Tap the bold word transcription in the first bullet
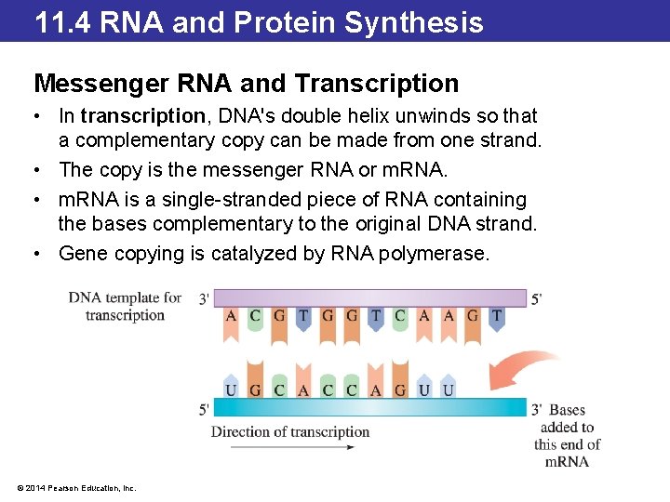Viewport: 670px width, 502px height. pyautogui.click(x=142, y=116)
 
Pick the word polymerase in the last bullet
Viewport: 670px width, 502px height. pyautogui.click(x=434, y=253)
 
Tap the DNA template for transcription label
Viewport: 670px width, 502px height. pyautogui.click(x=125, y=306)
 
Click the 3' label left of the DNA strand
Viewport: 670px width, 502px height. pyautogui.click(x=204, y=298)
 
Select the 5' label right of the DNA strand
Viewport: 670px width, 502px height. pyautogui.click(x=536, y=298)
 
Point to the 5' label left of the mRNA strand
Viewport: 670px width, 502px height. pyautogui.click(x=204, y=409)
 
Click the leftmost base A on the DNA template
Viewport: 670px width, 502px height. pyautogui.click(x=231, y=316)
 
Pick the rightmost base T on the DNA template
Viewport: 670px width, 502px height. pyautogui.click(x=496, y=316)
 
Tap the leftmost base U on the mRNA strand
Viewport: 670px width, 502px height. pyautogui.click(x=231, y=390)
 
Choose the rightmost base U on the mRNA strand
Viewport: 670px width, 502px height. pyautogui.click(x=449, y=390)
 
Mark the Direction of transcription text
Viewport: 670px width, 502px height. pyautogui.click(x=290, y=431)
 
